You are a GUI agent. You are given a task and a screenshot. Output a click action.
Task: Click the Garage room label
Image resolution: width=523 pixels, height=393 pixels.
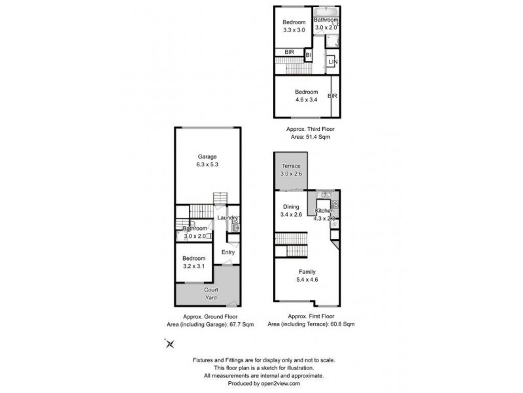click(207, 157)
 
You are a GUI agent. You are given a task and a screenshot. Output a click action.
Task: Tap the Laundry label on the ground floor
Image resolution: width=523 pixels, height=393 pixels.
click(226, 218)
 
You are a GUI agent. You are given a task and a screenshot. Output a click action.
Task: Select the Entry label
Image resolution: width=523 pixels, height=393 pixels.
click(228, 252)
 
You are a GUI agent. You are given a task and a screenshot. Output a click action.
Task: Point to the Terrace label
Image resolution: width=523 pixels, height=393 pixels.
click(291, 166)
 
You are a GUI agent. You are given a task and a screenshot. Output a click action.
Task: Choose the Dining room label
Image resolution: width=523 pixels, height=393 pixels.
click(290, 207)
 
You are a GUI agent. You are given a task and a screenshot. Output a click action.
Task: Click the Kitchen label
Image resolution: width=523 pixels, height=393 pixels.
click(325, 210)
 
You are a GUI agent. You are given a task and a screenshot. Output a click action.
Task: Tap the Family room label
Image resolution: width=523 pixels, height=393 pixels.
click(307, 271)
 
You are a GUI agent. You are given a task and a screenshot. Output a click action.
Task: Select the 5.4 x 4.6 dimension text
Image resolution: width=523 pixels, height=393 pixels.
click(307, 279)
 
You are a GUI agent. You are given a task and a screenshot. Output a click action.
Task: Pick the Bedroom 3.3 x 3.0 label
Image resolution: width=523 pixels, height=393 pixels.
click(294, 26)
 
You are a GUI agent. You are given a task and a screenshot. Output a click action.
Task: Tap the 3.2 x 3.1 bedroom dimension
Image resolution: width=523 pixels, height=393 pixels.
click(194, 267)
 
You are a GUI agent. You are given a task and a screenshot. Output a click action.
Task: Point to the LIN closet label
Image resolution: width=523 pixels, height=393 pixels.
click(333, 62)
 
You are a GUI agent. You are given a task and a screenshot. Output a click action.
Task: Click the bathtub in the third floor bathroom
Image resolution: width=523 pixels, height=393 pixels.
click(325, 12)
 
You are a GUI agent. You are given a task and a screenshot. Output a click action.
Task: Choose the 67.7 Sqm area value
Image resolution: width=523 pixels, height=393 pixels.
click(241, 324)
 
